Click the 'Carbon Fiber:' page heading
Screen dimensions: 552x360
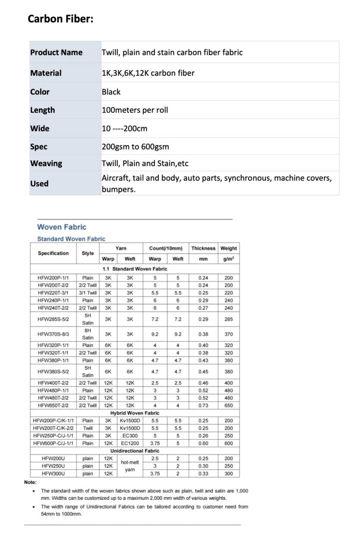[61, 19]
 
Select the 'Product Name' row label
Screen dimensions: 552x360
[56, 53]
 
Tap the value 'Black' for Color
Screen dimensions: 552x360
[111, 92]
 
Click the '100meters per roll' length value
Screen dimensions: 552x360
[135, 110]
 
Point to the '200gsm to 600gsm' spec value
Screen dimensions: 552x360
[135, 147]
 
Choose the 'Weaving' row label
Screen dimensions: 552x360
[46, 163]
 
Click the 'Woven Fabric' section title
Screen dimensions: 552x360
[62, 227]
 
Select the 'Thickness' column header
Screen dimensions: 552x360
[203, 248]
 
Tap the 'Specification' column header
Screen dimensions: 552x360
[53, 253]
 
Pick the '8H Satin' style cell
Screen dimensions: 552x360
[88, 334]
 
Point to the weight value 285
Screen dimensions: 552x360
[229, 319]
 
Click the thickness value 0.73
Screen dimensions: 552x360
[203, 405]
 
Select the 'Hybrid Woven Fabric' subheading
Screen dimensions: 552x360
[135, 413]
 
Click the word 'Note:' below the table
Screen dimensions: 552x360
[30, 482]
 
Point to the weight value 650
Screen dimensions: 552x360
[229, 405]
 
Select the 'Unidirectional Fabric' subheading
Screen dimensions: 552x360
[135, 451]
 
